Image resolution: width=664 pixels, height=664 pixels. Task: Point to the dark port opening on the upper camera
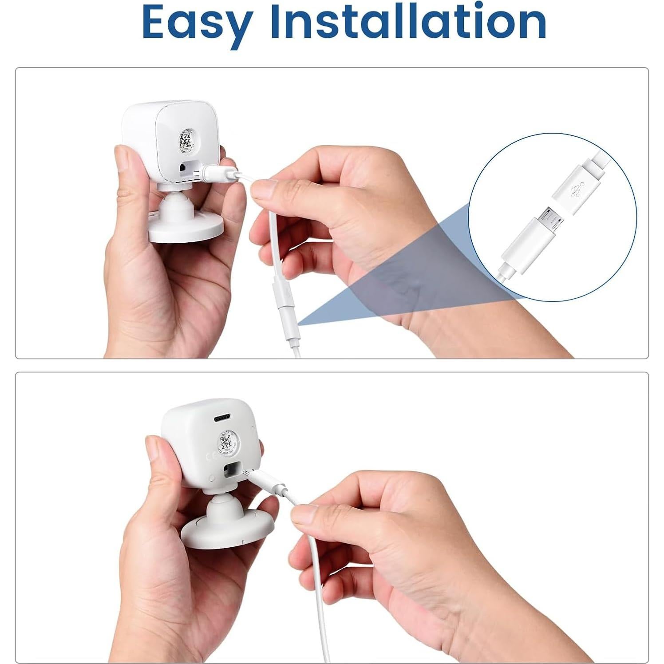pyautogui.click(x=183, y=168)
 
